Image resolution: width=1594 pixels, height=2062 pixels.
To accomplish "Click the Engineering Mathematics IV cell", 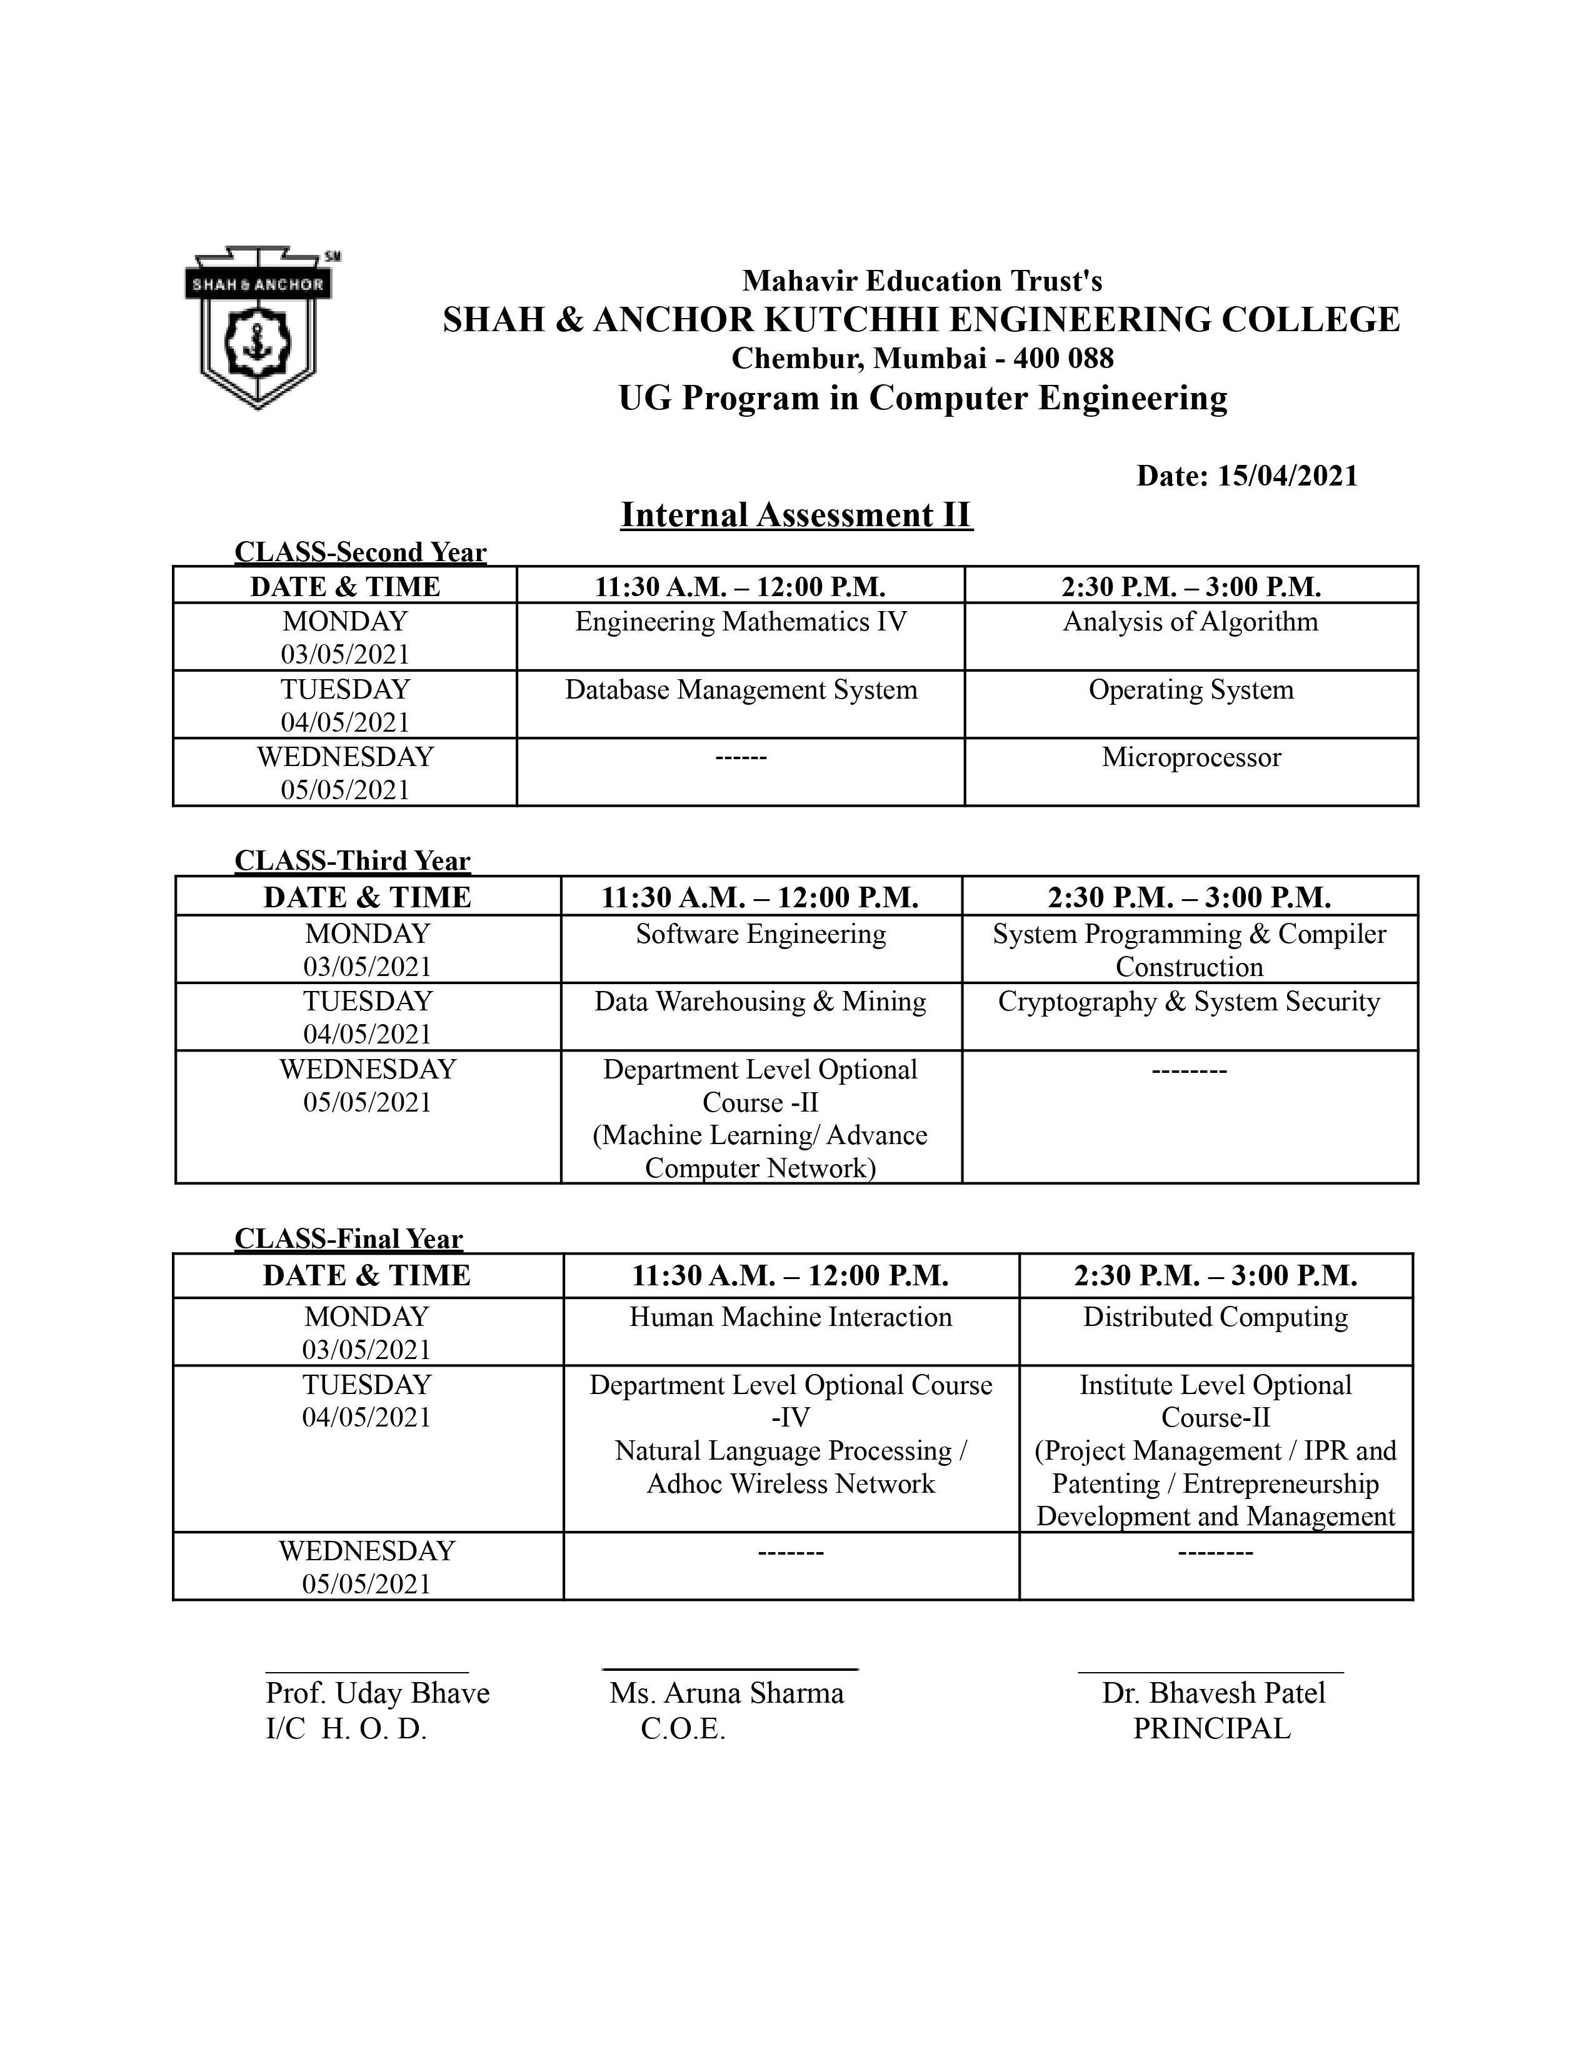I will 740,622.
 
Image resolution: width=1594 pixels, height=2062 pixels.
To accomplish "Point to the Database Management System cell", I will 740,690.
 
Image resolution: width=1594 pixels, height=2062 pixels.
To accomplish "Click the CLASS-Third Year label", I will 351,861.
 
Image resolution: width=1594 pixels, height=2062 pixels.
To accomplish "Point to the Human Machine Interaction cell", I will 790,1317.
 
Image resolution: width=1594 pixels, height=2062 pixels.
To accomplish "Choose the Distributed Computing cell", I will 1215,1317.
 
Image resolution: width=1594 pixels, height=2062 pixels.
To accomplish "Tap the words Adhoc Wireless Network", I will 790,1484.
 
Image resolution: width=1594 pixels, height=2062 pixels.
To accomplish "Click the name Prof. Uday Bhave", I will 378,1693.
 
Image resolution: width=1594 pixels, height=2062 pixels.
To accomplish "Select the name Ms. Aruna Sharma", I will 726,1693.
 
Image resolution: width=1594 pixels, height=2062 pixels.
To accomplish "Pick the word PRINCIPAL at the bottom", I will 1211,1729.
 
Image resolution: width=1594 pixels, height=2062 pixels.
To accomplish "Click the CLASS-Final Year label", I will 348,1238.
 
